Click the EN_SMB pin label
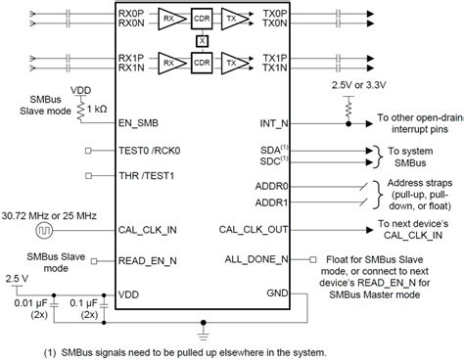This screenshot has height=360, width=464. tap(140, 122)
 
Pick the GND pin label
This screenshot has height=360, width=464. tap(278, 292)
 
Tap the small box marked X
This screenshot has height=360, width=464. tap(202, 39)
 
